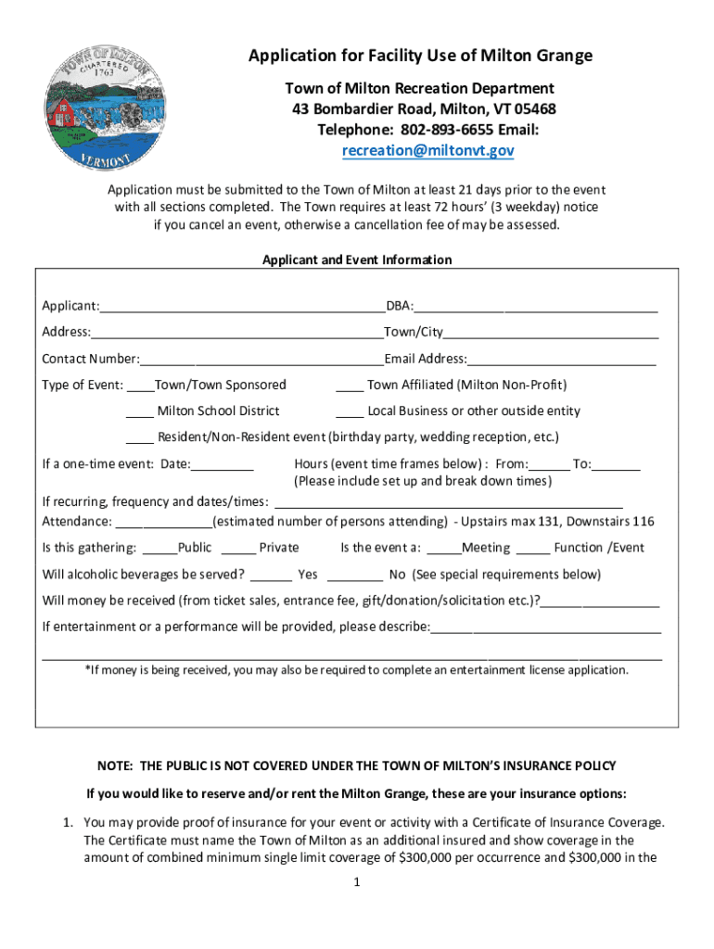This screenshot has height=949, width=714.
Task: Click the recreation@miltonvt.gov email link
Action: [x=427, y=150]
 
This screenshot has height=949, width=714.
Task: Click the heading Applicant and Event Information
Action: [x=357, y=259]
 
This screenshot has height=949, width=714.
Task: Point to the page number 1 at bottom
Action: [x=357, y=882]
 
